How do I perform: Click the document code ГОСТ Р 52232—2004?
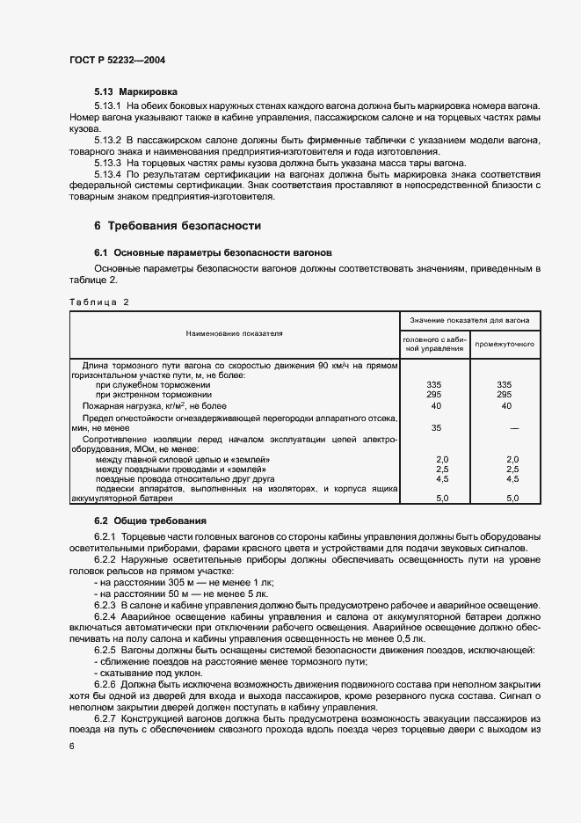coord(118,60)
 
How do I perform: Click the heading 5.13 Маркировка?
coord(136,91)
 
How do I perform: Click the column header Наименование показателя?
coord(234,334)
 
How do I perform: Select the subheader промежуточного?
coord(505,344)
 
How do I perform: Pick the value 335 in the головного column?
coord(432,385)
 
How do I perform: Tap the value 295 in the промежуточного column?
coord(505,396)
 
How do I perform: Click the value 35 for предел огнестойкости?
coord(436,427)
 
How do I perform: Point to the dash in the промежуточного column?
coord(513,427)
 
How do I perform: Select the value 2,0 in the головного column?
coord(442,459)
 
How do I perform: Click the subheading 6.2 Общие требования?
coord(149,521)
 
